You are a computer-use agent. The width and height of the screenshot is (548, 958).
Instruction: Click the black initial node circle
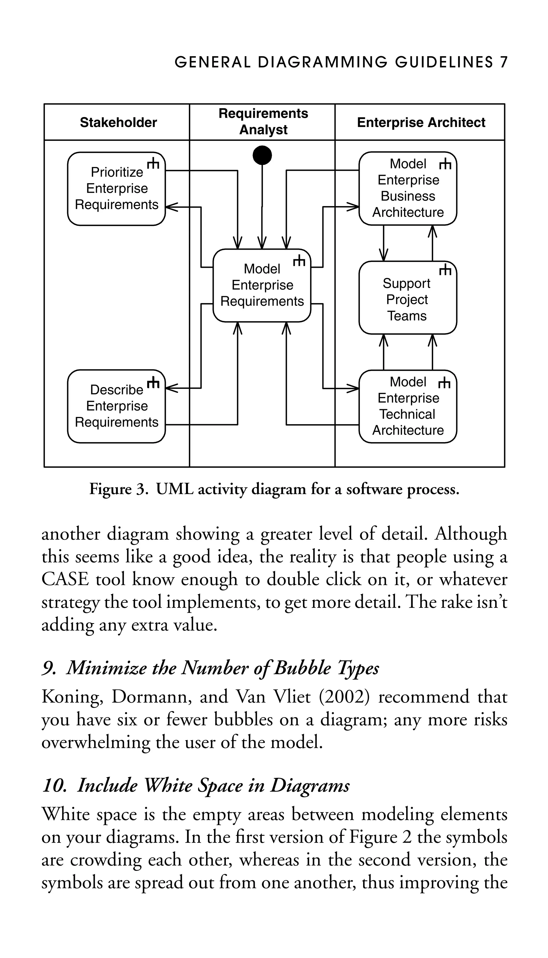tap(262, 155)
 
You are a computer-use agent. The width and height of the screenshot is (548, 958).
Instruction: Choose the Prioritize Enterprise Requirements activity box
tap(116, 189)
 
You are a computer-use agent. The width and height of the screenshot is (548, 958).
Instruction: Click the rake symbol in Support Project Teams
tap(445, 270)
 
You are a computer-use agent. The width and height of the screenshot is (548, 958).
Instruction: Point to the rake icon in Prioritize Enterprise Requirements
tap(153, 164)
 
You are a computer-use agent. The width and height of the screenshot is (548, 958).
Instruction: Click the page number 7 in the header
tap(504, 62)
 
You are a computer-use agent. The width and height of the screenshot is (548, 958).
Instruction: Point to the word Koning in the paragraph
tap(71, 697)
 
